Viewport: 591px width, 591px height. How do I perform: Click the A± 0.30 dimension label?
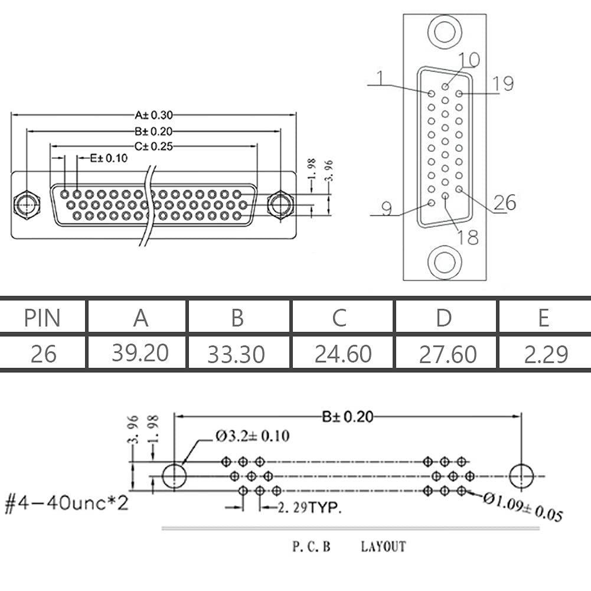(x=154, y=115)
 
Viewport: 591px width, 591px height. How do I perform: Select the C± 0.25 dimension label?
(x=154, y=146)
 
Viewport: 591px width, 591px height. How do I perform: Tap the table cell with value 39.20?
(x=140, y=353)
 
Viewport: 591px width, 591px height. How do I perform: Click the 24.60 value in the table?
(x=343, y=354)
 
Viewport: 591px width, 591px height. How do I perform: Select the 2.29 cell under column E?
(x=546, y=354)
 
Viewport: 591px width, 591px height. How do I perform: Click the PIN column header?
(x=43, y=318)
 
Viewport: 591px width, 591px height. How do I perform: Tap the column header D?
(x=444, y=318)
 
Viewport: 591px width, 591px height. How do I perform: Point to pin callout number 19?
(x=503, y=84)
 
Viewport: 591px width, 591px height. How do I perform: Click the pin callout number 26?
(x=505, y=203)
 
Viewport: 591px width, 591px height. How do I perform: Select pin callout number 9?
(x=387, y=209)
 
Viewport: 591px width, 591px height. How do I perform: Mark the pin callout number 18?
(x=468, y=237)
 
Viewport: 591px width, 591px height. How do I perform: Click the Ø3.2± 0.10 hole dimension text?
(x=252, y=436)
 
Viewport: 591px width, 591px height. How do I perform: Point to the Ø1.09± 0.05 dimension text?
(x=523, y=507)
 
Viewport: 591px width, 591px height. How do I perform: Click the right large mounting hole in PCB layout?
(x=521, y=476)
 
